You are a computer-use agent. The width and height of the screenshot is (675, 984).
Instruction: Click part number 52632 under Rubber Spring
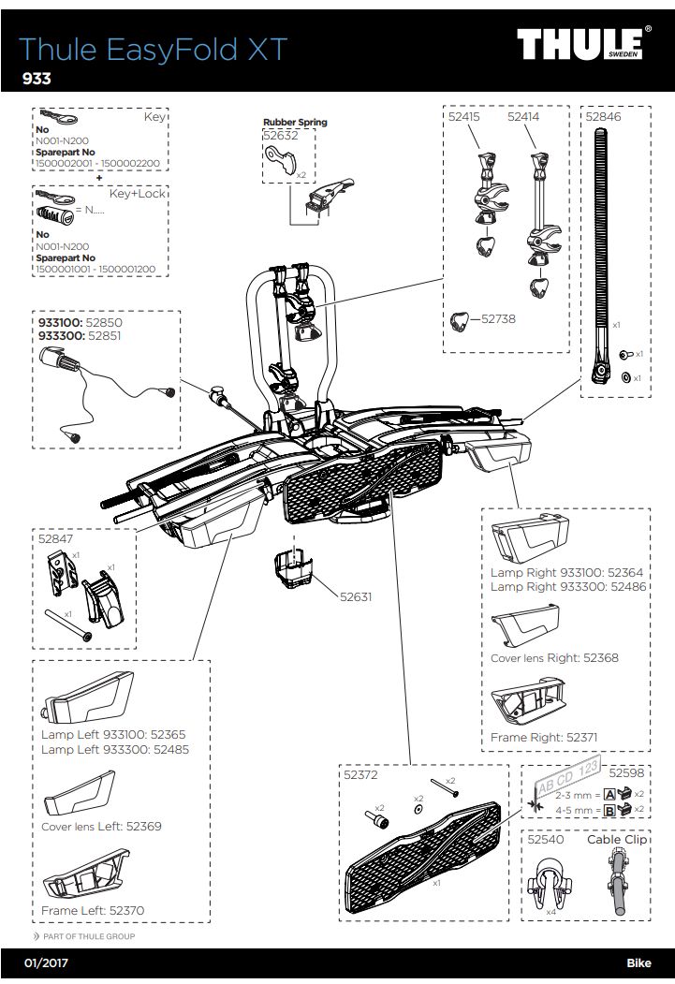coord(280,136)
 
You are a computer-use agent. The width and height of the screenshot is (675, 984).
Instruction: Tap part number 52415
coord(464,118)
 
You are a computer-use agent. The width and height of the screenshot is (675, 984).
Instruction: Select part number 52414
coord(525,118)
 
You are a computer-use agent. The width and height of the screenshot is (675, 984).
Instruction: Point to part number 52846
coord(603,118)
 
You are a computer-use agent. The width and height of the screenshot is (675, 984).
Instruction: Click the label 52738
coord(498,319)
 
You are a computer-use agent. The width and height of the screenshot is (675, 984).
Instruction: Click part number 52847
coord(56,539)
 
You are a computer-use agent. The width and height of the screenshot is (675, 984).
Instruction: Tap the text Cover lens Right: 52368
coord(554,658)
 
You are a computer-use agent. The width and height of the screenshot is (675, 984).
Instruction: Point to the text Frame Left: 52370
coord(93,910)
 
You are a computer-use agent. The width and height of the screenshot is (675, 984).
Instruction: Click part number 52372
coord(360,775)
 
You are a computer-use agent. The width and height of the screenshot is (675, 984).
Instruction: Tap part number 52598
coord(627,773)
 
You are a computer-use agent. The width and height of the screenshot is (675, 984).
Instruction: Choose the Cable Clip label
coord(617,840)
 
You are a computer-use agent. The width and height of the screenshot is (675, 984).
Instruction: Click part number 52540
coord(545,840)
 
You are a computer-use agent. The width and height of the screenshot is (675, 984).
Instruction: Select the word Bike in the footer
coord(638,962)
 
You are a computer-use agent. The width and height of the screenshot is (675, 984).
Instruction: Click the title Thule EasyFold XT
coord(153,50)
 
